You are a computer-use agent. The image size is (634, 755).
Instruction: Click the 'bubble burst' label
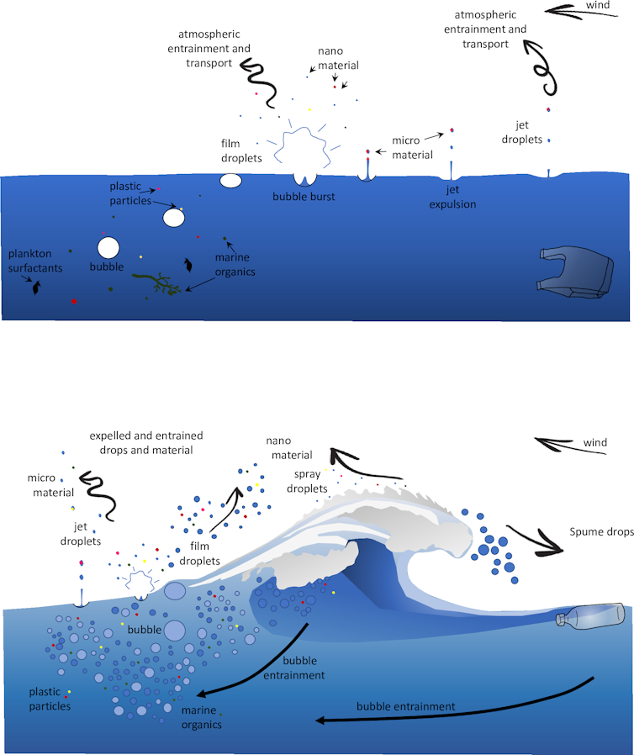point(304,197)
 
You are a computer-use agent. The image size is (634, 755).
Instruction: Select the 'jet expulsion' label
point(455,198)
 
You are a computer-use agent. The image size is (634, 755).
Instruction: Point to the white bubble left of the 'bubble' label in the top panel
point(108,247)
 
